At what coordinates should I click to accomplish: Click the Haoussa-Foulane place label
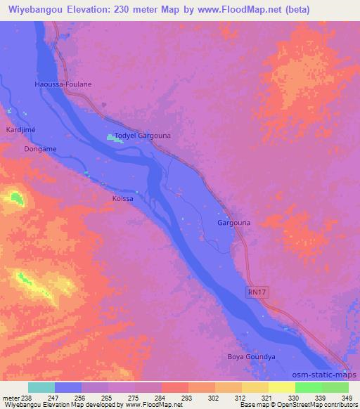pos(63,84)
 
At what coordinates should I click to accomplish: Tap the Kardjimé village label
pos(20,130)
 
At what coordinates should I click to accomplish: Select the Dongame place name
pos(40,149)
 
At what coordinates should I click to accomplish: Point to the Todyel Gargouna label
pos(143,135)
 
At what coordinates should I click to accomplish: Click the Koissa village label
pos(123,198)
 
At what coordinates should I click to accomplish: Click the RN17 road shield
pos(258,290)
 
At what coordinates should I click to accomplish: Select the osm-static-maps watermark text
pos(329,375)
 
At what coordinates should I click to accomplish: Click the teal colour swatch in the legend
pos(41,387)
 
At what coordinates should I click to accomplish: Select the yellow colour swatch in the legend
pos(282,387)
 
